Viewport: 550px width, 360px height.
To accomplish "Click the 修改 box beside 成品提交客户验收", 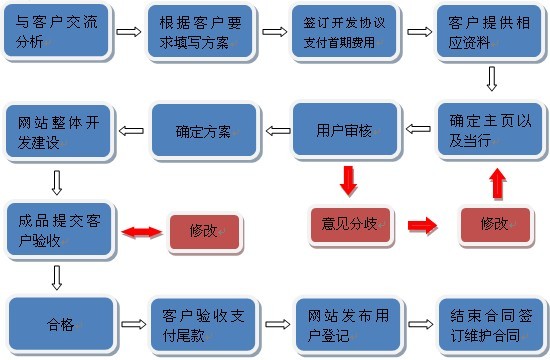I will tap(204, 231).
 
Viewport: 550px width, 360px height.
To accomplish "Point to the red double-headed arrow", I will tap(142, 232).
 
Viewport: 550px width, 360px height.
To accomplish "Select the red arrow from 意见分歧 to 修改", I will tap(423, 225).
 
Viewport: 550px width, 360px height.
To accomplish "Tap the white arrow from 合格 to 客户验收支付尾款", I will tap(131, 324).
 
